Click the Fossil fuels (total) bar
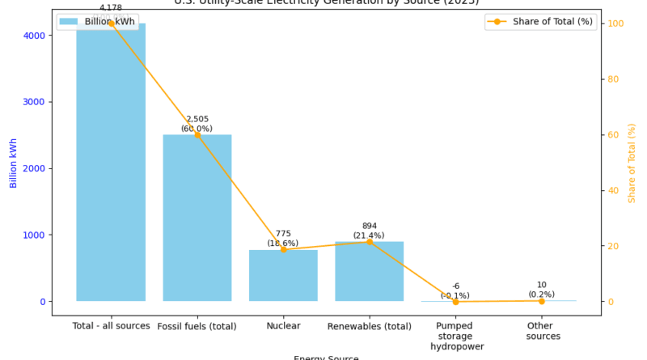point(197,218)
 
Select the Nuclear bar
point(283,275)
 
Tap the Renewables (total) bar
point(370,271)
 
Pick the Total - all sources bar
point(111,162)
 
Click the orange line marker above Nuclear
point(283,249)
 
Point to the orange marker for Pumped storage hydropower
point(455,302)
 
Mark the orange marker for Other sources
point(542,301)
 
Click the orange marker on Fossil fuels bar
point(197,134)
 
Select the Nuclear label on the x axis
point(283,326)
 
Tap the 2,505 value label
point(197,119)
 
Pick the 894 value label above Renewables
point(370,227)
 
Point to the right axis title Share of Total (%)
point(632,163)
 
